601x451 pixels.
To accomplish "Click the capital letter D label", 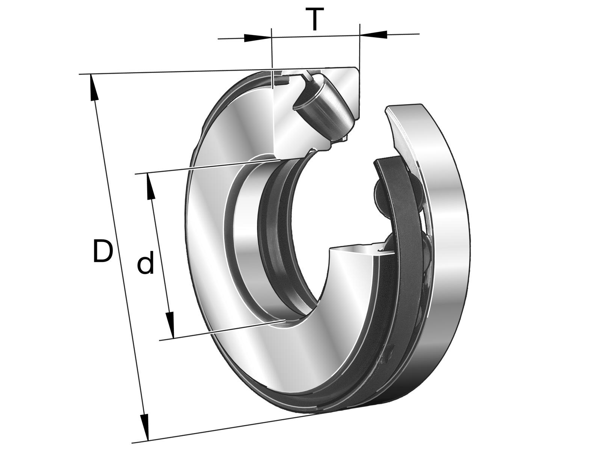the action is coord(103,251).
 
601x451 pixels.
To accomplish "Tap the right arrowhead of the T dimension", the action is coord(373,34).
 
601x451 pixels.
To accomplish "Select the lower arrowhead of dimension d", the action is coord(170,325).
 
